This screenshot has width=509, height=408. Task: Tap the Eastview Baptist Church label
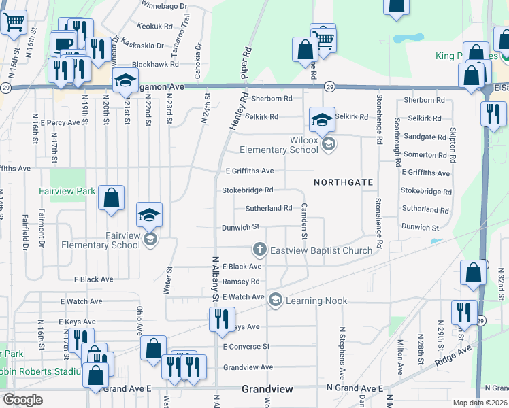coord(321,250)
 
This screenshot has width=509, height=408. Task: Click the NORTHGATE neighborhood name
coord(344,182)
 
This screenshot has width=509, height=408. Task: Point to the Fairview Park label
coord(67,192)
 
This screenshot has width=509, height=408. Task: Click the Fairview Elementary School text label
coord(101,239)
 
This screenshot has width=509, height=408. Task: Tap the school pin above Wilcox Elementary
coord(322,120)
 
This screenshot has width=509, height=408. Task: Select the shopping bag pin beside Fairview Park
coord(111,199)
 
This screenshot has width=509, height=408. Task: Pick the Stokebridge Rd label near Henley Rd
coord(248,190)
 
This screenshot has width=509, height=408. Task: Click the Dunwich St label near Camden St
coord(241,227)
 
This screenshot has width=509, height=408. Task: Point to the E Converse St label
coord(246,347)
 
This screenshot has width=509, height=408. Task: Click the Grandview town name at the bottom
coord(267,390)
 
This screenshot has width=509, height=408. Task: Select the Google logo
coord(24,400)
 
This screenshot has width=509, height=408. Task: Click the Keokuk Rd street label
coord(155,26)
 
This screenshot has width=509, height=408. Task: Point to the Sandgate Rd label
coord(424,137)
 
